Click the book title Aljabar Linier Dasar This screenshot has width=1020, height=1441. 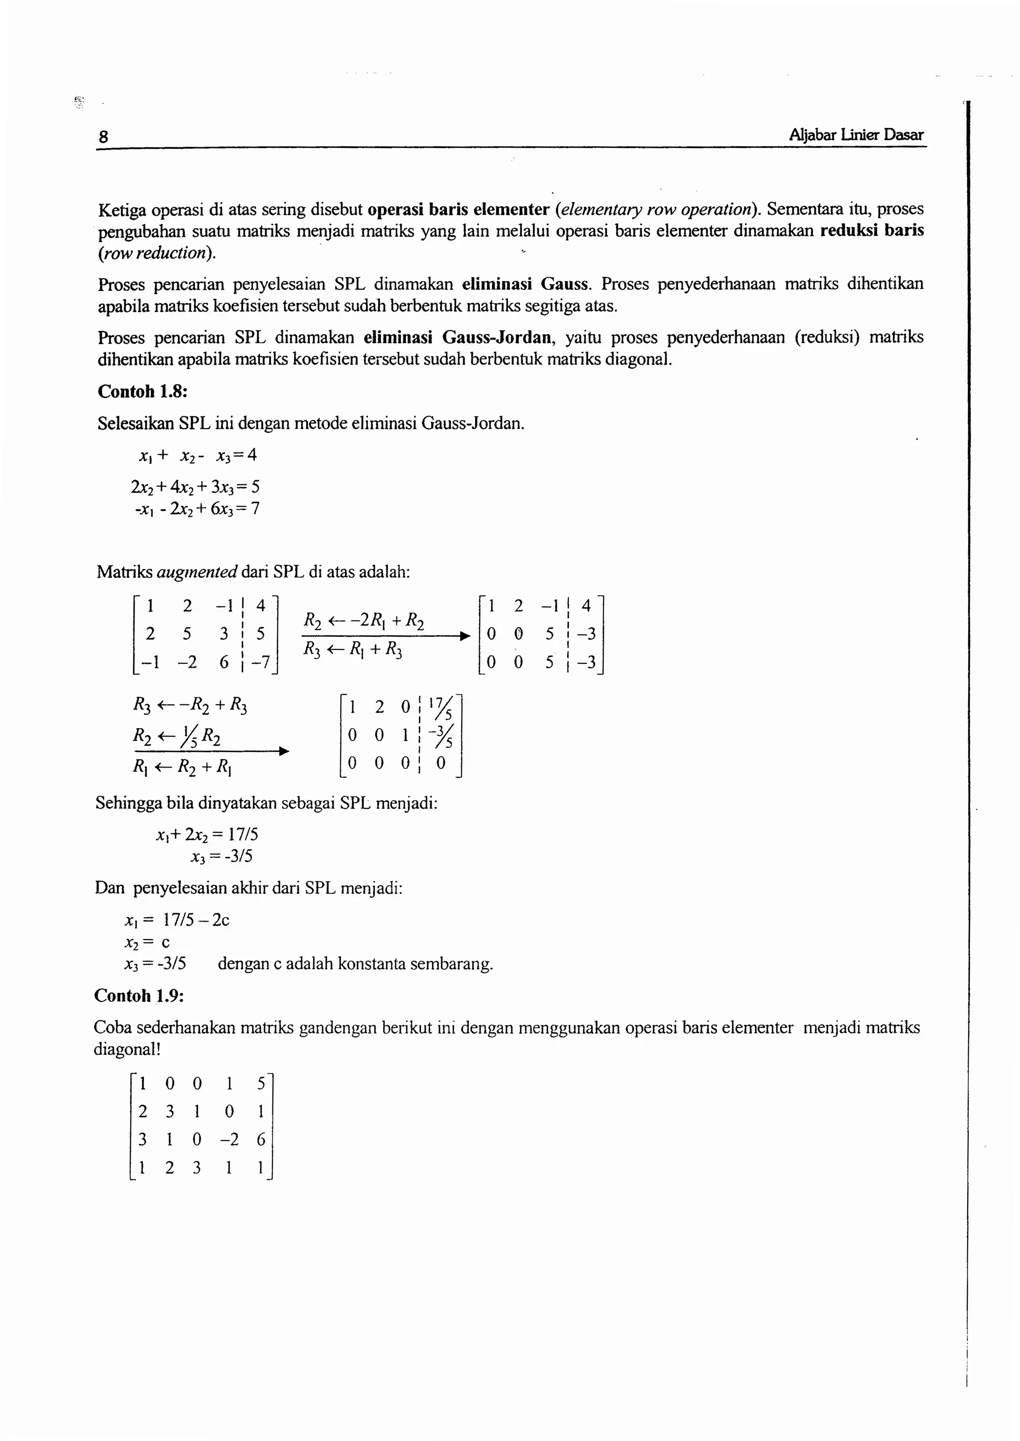tap(856, 135)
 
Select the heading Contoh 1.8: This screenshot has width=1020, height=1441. tap(142, 391)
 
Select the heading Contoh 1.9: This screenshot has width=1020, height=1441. tap(139, 995)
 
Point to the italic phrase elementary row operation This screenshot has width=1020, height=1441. tap(655, 209)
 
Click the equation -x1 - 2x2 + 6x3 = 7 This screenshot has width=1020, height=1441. tap(197, 508)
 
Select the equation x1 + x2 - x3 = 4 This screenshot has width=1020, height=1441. tap(197, 456)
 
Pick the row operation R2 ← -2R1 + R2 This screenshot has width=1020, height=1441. tap(364, 621)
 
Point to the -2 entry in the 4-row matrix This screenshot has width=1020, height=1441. tap(229, 1139)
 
